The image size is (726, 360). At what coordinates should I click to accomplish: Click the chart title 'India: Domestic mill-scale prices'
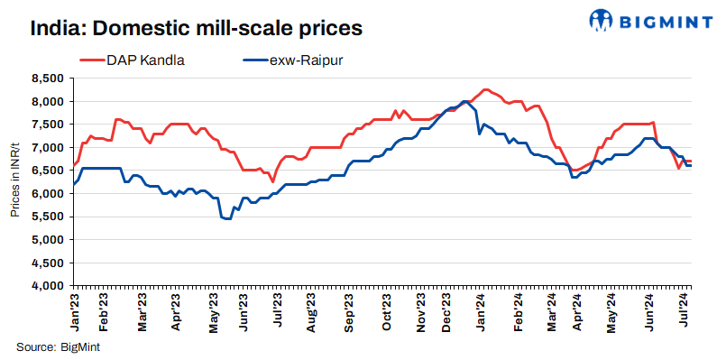point(196,28)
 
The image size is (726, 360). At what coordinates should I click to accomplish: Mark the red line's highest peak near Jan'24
point(486,89)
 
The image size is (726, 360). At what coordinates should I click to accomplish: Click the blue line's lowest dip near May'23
point(228,219)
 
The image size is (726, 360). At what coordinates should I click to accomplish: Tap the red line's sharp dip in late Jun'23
point(272,181)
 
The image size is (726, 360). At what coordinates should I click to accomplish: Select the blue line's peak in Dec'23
point(464,101)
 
